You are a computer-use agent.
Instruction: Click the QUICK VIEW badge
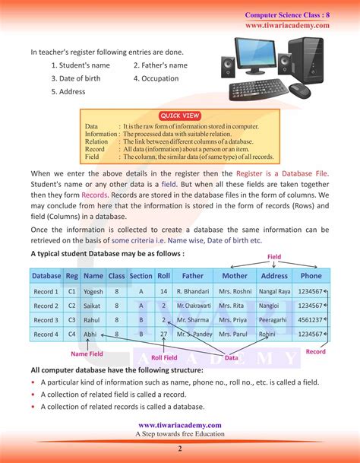[180, 115]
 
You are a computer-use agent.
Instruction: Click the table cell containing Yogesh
[93, 291]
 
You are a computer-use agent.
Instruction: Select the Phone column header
[311, 276]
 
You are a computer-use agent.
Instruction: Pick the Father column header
[193, 276]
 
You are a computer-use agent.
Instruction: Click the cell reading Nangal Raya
[274, 291]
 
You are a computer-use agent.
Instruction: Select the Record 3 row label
[46, 320]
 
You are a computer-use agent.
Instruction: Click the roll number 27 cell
[163, 335]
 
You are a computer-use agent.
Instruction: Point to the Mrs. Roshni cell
[235, 291]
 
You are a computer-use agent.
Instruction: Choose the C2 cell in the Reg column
[72, 306]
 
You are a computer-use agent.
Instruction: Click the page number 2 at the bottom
[180, 449]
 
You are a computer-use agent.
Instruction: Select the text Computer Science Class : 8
[287, 15]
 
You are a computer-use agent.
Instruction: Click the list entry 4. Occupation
[160, 78]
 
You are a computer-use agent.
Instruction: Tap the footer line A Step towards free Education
[180, 434]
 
